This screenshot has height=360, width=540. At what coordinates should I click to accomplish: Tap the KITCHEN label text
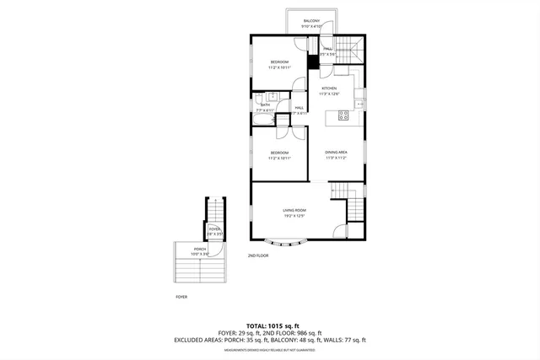point(329,89)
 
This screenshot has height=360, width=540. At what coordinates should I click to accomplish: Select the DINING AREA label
point(337,153)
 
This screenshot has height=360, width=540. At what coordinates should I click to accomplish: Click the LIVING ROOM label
point(294,210)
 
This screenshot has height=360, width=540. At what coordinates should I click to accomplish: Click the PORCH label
point(200,249)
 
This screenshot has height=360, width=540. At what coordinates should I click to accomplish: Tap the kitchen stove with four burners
point(343,117)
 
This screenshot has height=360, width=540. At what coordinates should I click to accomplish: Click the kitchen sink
point(358,104)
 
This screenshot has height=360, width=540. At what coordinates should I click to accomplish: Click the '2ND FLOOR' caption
point(257,255)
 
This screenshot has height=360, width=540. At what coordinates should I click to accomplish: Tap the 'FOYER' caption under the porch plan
point(181,297)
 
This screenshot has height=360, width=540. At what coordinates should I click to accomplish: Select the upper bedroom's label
point(279,62)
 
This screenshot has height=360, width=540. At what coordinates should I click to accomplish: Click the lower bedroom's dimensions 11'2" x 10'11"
point(279,158)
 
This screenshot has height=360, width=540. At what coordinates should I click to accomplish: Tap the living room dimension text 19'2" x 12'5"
point(294,216)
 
